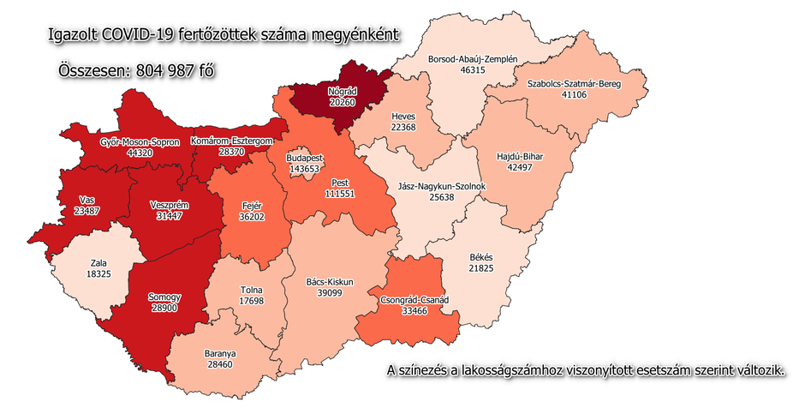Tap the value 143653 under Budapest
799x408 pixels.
tap(304, 171)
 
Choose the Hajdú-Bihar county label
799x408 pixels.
tap(521, 157)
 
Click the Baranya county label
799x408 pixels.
tap(220, 352)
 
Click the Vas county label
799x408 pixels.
tap(86, 198)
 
